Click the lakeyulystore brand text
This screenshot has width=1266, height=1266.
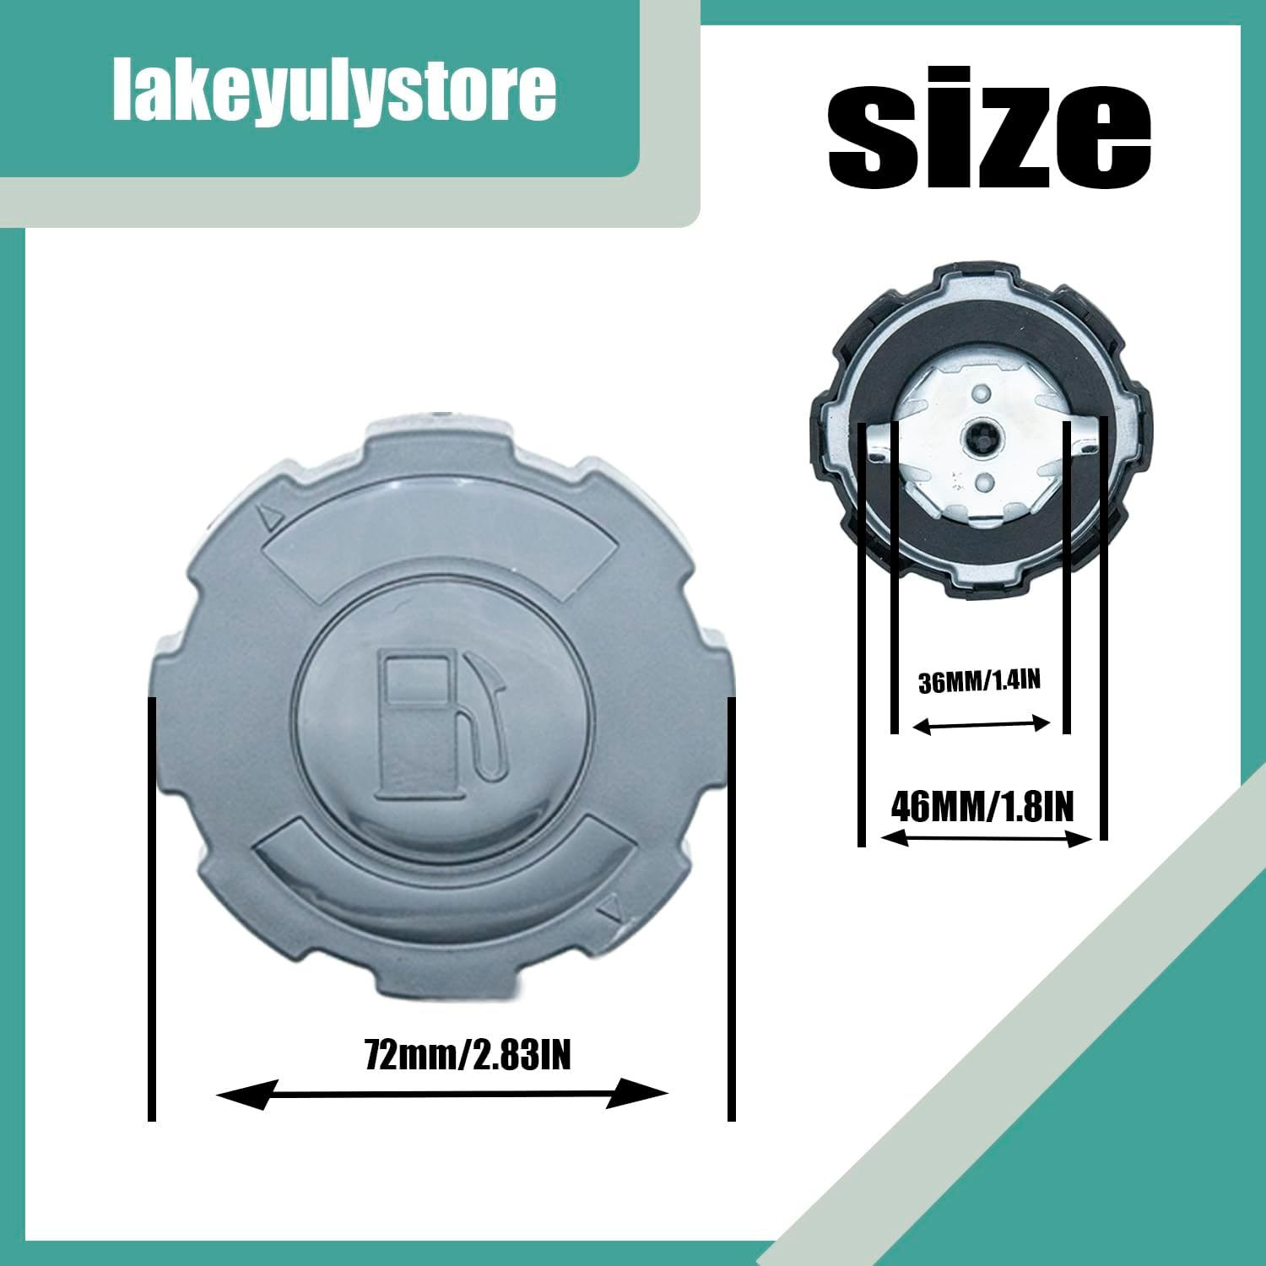[334, 91]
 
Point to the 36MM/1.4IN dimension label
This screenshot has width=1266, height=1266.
[979, 681]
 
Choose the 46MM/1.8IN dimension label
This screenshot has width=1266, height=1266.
[982, 807]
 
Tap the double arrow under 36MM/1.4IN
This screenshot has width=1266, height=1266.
[982, 724]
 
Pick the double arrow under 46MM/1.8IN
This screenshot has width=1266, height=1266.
[985, 838]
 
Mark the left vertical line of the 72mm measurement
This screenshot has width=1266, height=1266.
[152, 908]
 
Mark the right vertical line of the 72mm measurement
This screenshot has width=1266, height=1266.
[731, 908]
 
